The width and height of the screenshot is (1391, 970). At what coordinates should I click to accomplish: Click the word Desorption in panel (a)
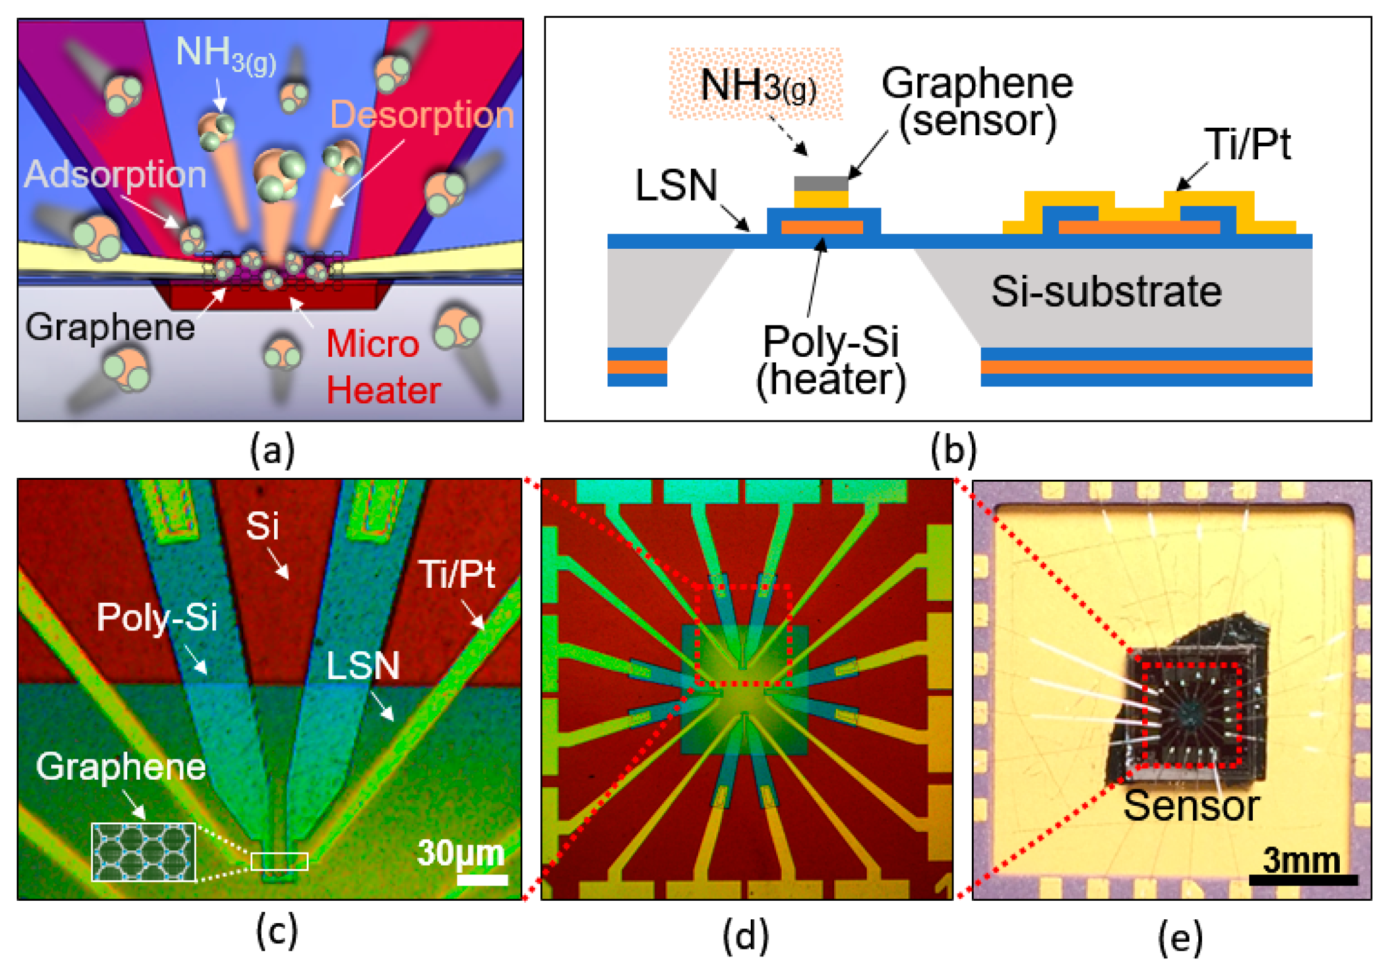tap(422, 115)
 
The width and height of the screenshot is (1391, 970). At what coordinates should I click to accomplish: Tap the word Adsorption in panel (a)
tap(115, 174)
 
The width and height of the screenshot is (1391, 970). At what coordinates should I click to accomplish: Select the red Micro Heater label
tap(383, 367)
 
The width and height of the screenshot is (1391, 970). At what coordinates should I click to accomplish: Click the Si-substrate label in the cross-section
tap(1106, 291)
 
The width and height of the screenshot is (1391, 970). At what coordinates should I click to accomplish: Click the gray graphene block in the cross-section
tap(821, 183)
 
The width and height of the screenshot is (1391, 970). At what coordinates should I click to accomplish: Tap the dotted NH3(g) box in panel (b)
tap(756, 84)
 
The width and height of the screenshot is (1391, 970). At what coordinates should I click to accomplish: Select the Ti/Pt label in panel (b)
tap(1247, 144)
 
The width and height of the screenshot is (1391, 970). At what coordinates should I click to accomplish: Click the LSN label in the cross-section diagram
tap(676, 185)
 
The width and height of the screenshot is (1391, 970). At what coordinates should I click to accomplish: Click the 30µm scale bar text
tap(461, 852)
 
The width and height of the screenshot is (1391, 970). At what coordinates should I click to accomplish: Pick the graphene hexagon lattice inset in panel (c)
tap(143, 851)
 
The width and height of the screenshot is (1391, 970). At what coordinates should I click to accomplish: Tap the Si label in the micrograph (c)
tap(262, 526)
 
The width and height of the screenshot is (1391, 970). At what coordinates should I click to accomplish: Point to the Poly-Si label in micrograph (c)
tap(157, 617)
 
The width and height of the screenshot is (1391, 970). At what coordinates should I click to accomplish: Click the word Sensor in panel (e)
tap(1191, 806)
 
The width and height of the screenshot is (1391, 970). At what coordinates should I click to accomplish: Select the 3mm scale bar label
tap(1301, 859)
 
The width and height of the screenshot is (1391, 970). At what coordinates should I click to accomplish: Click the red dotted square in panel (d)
tap(743, 635)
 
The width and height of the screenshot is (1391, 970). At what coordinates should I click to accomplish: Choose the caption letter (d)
tap(746, 936)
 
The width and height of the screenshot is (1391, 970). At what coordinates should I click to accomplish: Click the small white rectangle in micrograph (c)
tap(279, 861)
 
